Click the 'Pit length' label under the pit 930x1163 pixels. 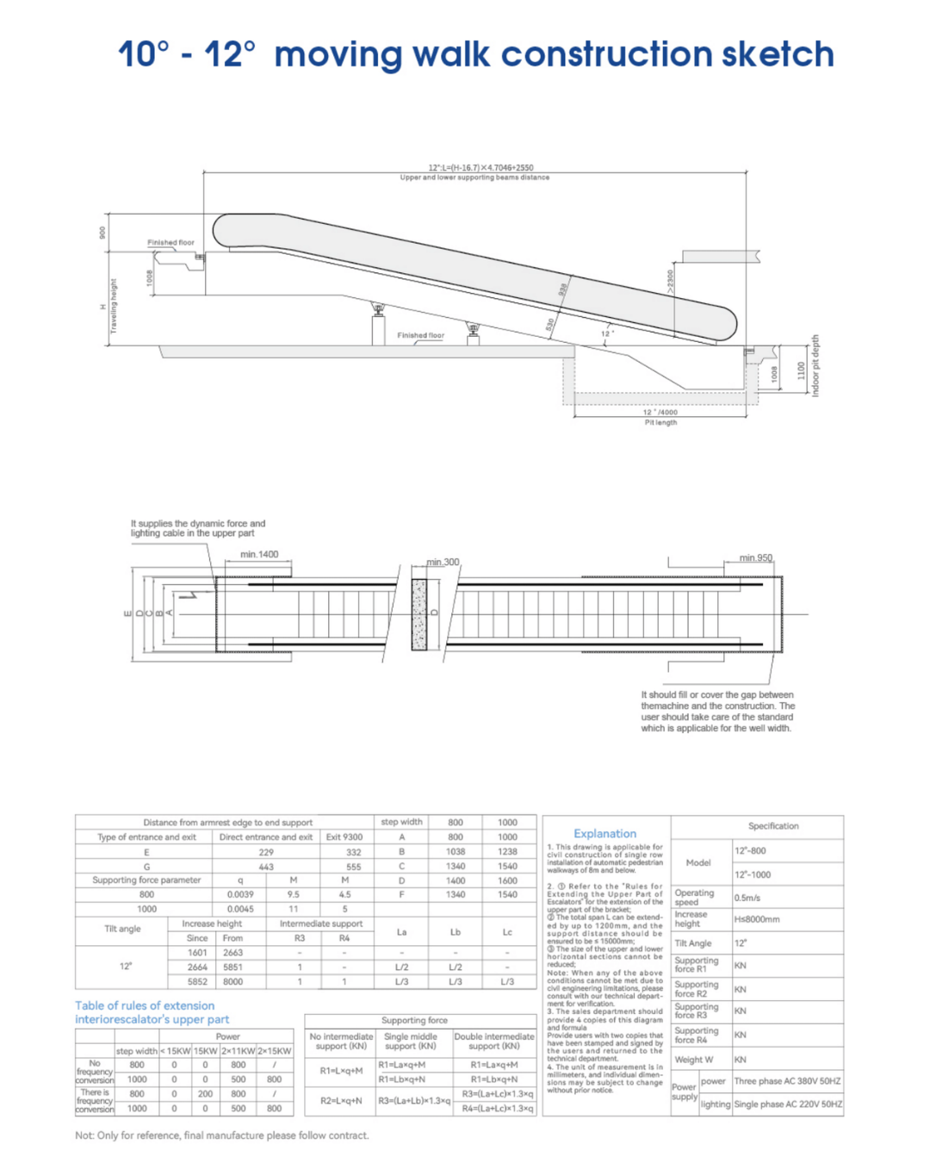660,422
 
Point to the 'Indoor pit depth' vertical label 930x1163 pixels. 815,365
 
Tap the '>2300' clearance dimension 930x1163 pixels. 670,282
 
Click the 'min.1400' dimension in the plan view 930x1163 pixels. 259,554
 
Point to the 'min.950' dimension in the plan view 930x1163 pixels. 755,558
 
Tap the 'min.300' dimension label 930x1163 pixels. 443,562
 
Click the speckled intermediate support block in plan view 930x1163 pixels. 419,614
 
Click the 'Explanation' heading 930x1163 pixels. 604,833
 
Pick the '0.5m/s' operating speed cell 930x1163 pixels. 747,898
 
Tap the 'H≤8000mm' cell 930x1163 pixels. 757,919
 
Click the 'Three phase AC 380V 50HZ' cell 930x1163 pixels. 787,1081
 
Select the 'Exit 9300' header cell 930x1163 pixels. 344,836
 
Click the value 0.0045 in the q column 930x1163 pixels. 240,909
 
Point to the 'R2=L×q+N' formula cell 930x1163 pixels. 340,1101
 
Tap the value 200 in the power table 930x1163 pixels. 205,1094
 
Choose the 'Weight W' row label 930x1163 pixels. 693,1060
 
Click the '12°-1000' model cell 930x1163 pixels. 753,874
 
